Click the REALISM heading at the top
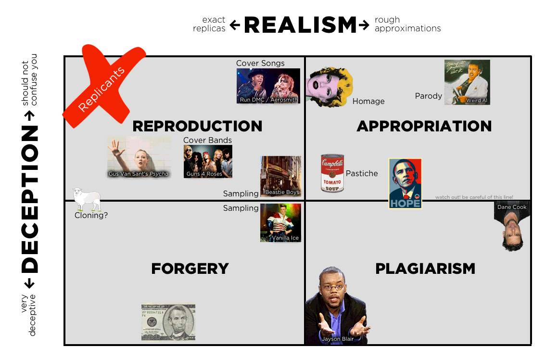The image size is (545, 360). click(301, 25)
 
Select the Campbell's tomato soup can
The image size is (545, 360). click(332, 173)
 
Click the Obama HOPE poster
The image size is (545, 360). click(405, 183)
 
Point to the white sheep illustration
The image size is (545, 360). click(87, 199)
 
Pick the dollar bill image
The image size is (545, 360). click(168, 321)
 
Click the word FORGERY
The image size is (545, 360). click(190, 269)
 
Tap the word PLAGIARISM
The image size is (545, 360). click(425, 269)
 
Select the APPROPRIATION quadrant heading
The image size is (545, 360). click(424, 126)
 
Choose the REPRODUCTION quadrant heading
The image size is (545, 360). click(197, 126)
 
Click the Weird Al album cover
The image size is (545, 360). click(467, 82)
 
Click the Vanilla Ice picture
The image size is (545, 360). click(280, 222)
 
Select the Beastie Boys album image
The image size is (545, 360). click(281, 176)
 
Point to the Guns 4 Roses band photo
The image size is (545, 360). click(208, 161)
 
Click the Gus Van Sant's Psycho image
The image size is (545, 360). click(139, 157)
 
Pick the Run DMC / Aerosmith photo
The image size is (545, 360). click(268, 86)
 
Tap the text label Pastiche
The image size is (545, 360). click(362, 173)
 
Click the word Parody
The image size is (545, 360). click(428, 96)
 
